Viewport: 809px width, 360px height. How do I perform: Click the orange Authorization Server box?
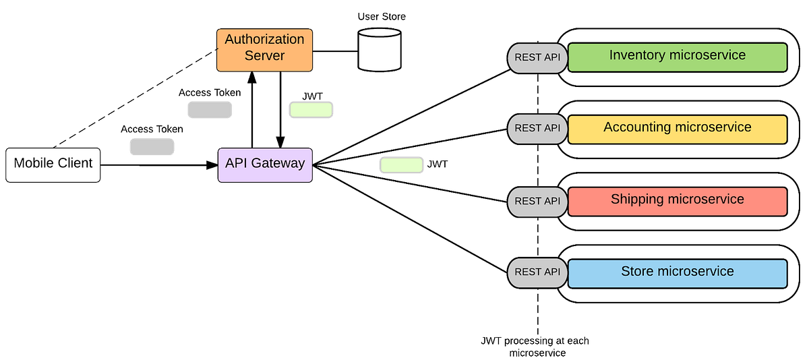click(264, 50)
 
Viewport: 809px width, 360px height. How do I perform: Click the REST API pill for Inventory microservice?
click(537, 58)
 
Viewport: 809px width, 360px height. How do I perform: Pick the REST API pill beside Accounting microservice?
click(537, 129)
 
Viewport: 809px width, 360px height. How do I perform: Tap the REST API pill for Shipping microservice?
click(537, 202)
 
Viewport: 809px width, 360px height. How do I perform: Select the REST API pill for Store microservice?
click(537, 273)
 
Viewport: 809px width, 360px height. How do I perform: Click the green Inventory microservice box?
click(678, 57)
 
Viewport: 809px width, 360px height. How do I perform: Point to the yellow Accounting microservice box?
click(678, 129)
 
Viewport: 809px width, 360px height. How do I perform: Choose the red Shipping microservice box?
click(678, 202)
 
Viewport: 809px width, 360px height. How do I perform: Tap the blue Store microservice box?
click(678, 274)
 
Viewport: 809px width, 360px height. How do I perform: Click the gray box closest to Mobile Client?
click(152, 146)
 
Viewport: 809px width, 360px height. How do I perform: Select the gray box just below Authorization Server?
click(210, 110)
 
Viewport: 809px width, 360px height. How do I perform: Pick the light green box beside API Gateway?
click(402, 165)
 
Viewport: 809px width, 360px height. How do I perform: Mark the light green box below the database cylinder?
click(311, 110)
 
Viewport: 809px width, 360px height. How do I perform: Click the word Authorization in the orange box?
click(264, 40)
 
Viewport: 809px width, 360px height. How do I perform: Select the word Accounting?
click(637, 127)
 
